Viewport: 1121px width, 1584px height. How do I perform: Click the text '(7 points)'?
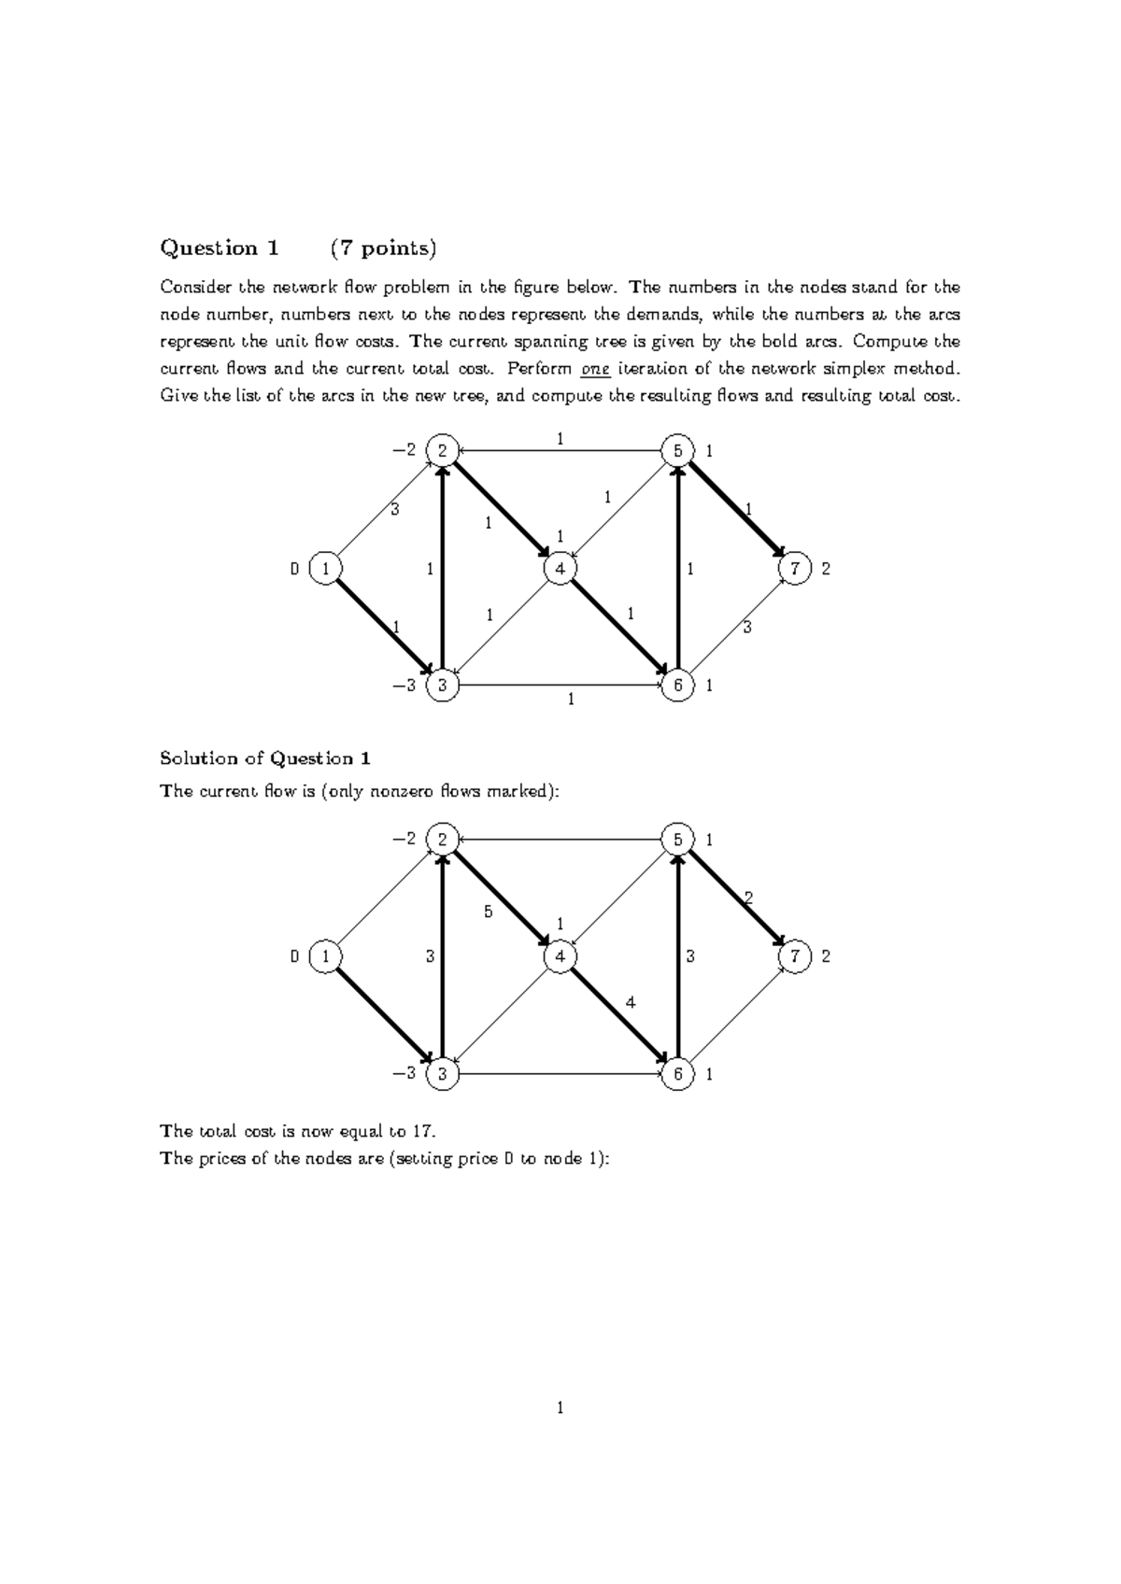pos(383,248)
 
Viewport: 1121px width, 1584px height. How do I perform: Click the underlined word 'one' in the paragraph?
pos(595,369)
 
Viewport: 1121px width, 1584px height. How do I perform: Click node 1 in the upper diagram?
pos(325,569)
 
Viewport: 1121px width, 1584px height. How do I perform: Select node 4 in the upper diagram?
pos(560,569)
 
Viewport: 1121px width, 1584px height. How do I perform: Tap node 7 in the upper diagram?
pos(795,569)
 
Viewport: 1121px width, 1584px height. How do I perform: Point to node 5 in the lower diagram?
pos(677,840)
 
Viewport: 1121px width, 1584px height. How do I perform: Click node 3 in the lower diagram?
pos(442,1074)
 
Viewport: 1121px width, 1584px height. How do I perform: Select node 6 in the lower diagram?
pos(677,1074)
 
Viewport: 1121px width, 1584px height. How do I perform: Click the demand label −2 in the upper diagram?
pos(404,451)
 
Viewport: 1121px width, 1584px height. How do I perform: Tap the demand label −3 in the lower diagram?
pos(404,1074)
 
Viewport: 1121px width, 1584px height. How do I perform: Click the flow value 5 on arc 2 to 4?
pos(488,912)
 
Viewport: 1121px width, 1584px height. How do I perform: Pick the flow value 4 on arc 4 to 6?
pos(631,1002)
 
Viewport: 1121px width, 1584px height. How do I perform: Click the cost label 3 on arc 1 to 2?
pos(394,510)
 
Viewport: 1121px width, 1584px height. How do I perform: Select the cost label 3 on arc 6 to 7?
pos(746,628)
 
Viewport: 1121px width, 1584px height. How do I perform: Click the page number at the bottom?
pos(560,1408)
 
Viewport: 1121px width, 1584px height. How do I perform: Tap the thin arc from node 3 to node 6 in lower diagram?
pos(560,1074)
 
